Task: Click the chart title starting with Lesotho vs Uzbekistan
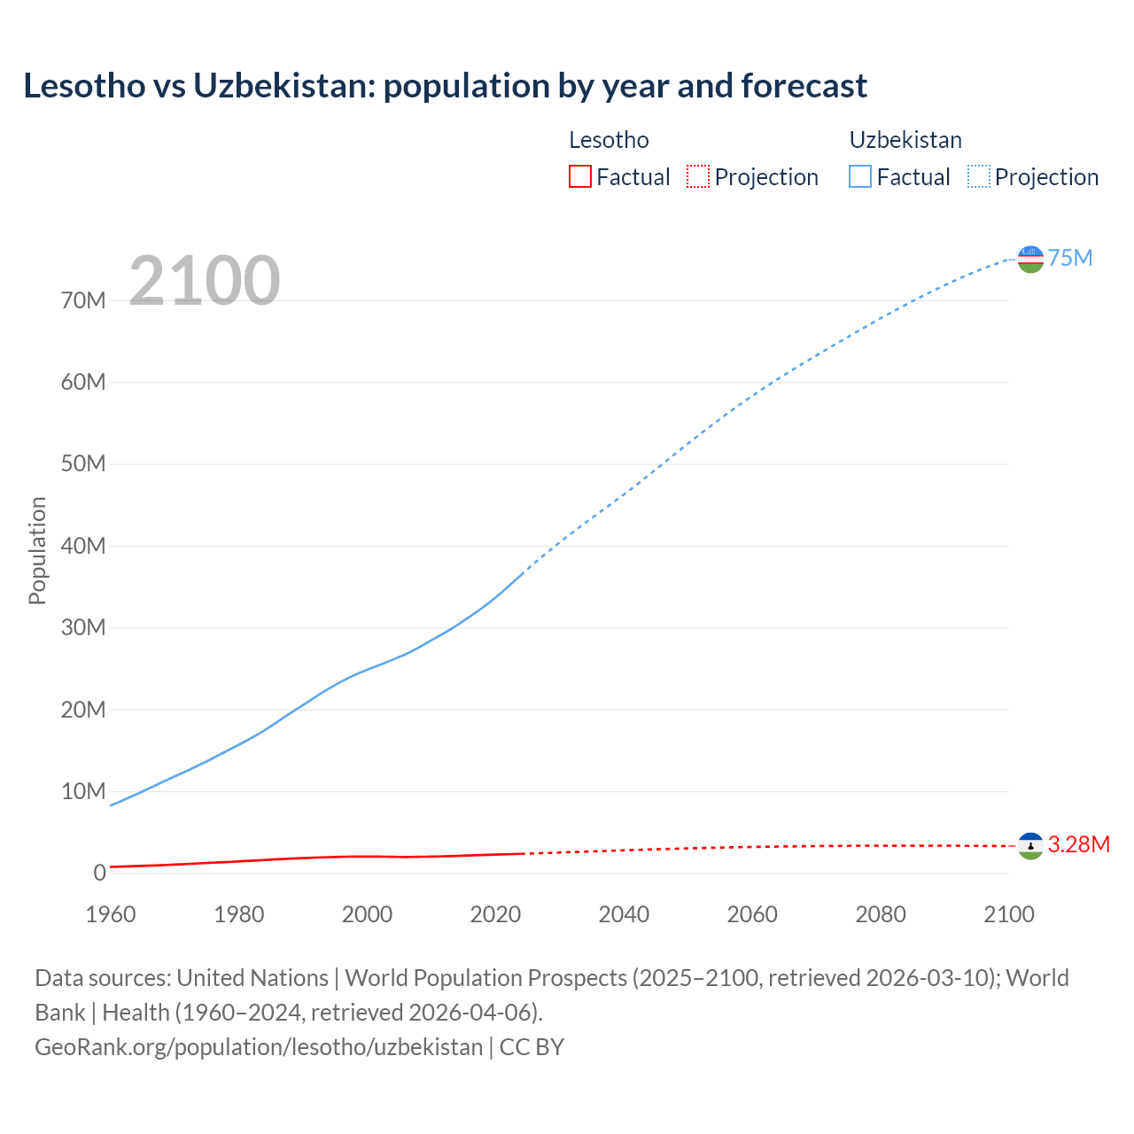[x=445, y=86]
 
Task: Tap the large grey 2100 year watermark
[x=205, y=281]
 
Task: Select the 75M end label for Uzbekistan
[x=1070, y=258]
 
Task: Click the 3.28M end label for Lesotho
[x=1078, y=844]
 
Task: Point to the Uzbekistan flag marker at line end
[x=1030, y=259]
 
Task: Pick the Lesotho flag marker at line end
[x=1030, y=846]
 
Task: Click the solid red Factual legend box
[x=579, y=176]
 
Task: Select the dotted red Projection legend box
[x=698, y=176]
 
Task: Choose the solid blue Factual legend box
[x=860, y=176]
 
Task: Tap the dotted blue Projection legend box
[x=979, y=176]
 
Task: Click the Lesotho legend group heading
[x=609, y=140]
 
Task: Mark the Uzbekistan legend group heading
[x=905, y=140]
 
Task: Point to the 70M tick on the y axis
[x=83, y=300]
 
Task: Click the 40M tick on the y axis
[x=83, y=546]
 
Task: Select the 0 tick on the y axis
[x=99, y=873]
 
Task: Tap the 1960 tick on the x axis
[x=111, y=914]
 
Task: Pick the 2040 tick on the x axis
[x=624, y=914]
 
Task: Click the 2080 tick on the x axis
[x=881, y=914]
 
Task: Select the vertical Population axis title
[x=37, y=550]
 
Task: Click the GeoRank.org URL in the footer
[x=259, y=1046]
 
